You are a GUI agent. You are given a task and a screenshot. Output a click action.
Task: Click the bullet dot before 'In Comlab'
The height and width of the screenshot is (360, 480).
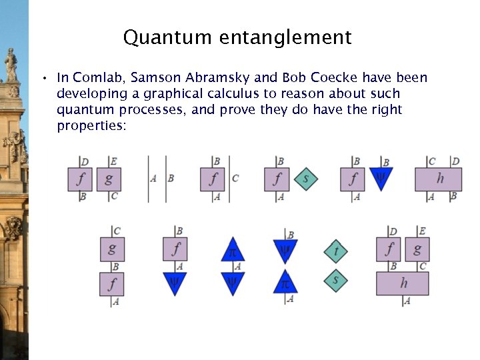pos(42,79)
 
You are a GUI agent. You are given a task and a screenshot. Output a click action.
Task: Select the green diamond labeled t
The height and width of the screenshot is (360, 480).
pos(335,251)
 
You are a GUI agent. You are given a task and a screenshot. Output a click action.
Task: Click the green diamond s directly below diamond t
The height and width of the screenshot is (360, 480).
pos(335,281)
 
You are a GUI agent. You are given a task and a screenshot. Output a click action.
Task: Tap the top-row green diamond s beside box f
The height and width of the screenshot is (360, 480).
pos(305,179)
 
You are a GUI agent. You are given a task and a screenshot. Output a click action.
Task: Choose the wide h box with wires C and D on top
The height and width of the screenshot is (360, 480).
pos(438,179)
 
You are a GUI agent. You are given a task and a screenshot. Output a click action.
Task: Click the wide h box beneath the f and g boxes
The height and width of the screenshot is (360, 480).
pos(402,283)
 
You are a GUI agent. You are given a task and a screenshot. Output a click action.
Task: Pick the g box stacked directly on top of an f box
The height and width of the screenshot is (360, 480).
pos(112,249)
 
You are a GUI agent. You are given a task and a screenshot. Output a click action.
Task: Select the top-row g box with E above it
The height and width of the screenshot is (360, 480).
pos(109,179)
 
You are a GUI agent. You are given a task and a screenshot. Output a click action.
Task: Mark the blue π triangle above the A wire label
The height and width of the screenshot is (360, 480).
pos(233,251)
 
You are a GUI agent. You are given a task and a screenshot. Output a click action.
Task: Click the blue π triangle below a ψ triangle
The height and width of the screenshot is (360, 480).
pos(285,283)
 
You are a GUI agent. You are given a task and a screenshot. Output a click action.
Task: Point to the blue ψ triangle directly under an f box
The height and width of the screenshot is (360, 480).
pos(175,283)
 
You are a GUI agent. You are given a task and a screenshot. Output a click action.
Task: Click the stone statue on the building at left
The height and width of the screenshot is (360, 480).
pos(11,65)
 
